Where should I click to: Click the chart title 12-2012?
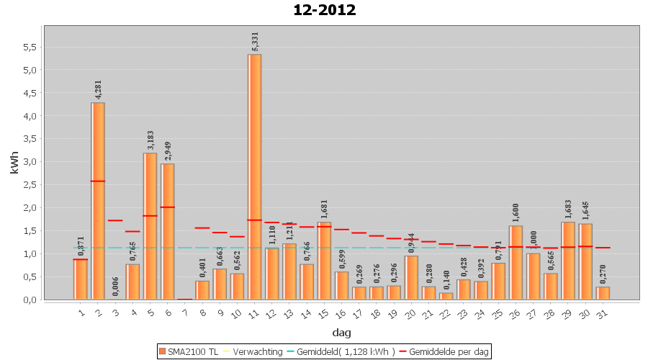click(x=324, y=10)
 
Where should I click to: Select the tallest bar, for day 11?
click(x=255, y=176)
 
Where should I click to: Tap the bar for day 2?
click(x=98, y=202)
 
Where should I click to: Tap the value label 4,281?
click(x=99, y=89)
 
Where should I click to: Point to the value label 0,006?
click(x=116, y=286)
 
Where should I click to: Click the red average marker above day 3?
click(x=115, y=220)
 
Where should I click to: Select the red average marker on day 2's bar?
click(x=98, y=181)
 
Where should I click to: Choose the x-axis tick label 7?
click(x=186, y=313)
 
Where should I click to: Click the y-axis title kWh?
click(x=14, y=163)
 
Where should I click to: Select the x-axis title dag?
click(x=341, y=332)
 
